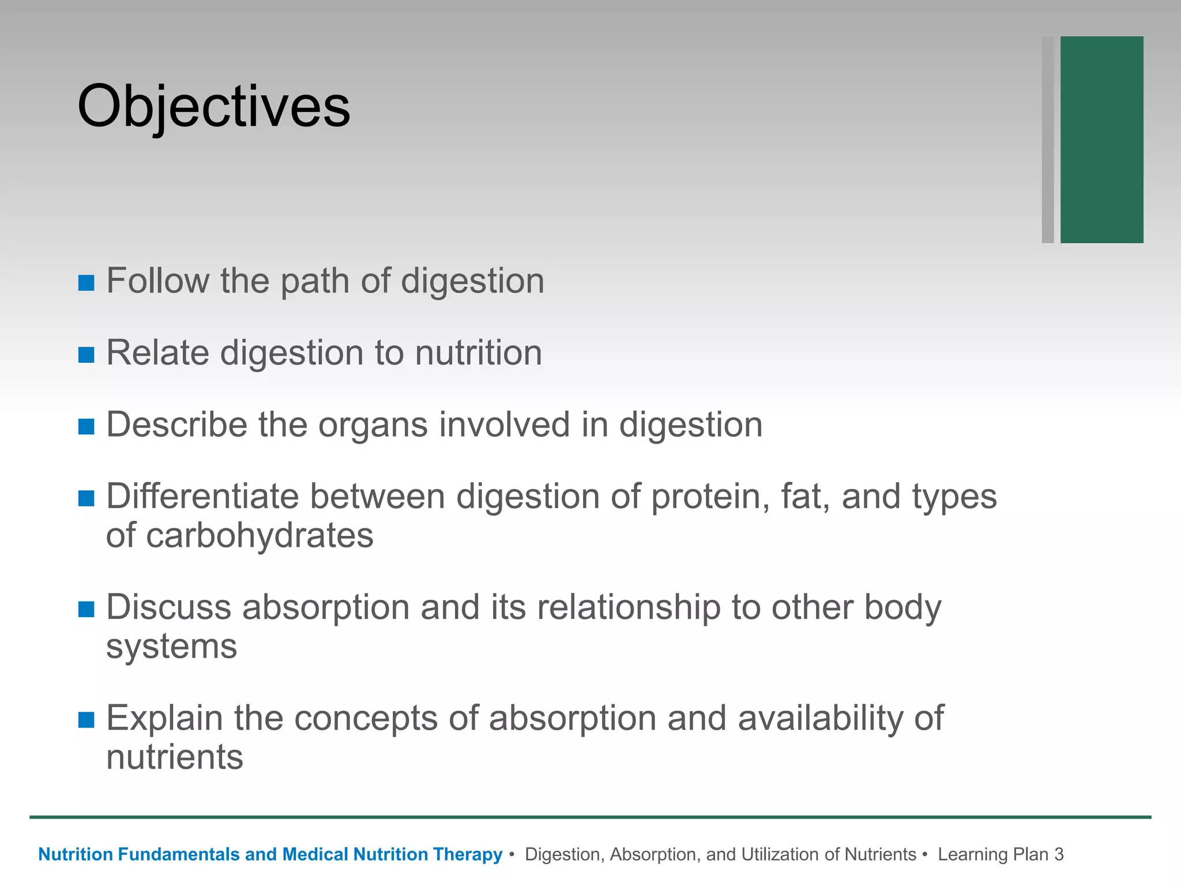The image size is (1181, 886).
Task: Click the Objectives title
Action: [213, 107]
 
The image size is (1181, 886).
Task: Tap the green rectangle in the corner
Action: [1101, 140]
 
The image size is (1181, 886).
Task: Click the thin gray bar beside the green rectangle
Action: [1048, 140]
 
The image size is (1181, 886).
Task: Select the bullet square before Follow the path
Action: [86, 283]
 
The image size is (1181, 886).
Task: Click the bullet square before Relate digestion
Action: [86, 355]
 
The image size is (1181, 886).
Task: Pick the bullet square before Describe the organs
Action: [86, 426]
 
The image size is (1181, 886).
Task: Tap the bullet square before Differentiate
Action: [86, 498]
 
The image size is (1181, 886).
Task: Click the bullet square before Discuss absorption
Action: [86, 609]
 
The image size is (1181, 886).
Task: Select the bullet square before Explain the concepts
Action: [86, 720]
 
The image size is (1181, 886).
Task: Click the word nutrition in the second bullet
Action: [478, 352]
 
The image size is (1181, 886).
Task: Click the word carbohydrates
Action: [259, 536]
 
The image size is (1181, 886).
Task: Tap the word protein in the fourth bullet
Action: [710, 497]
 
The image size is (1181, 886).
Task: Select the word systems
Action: [171, 647]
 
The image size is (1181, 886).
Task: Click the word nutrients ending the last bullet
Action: [175, 757]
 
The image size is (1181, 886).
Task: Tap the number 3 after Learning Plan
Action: [1059, 854]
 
